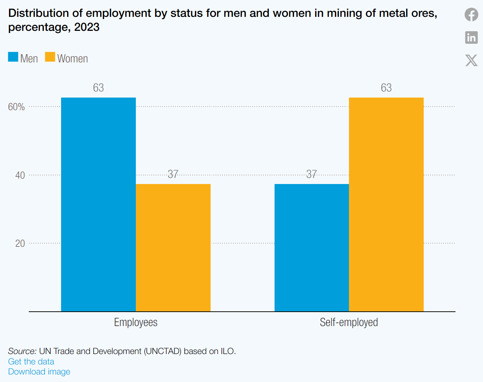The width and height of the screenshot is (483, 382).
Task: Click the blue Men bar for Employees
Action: click(x=98, y=204)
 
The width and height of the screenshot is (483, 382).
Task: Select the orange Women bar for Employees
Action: click(x=173, y=247)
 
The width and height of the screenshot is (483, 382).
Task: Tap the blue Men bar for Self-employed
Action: click(x=312, y=247)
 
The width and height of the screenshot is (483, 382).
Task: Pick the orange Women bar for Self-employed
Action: click(x=386, y=204)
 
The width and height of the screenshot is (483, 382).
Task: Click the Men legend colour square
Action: click(x=13, y=57)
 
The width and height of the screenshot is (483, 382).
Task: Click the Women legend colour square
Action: click(x=50, y=57)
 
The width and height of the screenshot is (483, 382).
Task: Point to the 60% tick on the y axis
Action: click(x=17, y=107)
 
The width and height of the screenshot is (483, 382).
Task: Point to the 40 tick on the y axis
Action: click(x=20, y=175)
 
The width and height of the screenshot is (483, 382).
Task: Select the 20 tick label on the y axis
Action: click(x=20, y=244)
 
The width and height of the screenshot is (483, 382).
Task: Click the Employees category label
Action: click(x=136, y=322)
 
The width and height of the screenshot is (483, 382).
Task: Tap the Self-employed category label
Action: click(x=349, y=322)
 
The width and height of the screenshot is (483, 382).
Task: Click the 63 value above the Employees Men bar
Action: click(x=98, y=88)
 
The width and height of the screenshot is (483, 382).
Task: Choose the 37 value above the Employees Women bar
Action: click(x=173, y=174)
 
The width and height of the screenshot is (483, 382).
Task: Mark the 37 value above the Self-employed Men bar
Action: click(x=312, y=174)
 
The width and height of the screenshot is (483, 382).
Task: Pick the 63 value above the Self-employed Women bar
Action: click(x=386, y=88)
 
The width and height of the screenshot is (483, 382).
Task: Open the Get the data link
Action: click(x=31, y=362)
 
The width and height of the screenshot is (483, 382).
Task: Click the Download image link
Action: click(x=39, y=372)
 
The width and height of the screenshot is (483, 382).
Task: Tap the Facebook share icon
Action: click(x=471, y=15)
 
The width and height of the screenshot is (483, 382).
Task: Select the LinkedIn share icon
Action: click(x=471, y=37)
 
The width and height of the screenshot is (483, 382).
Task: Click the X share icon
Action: click(x=471, y=60)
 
